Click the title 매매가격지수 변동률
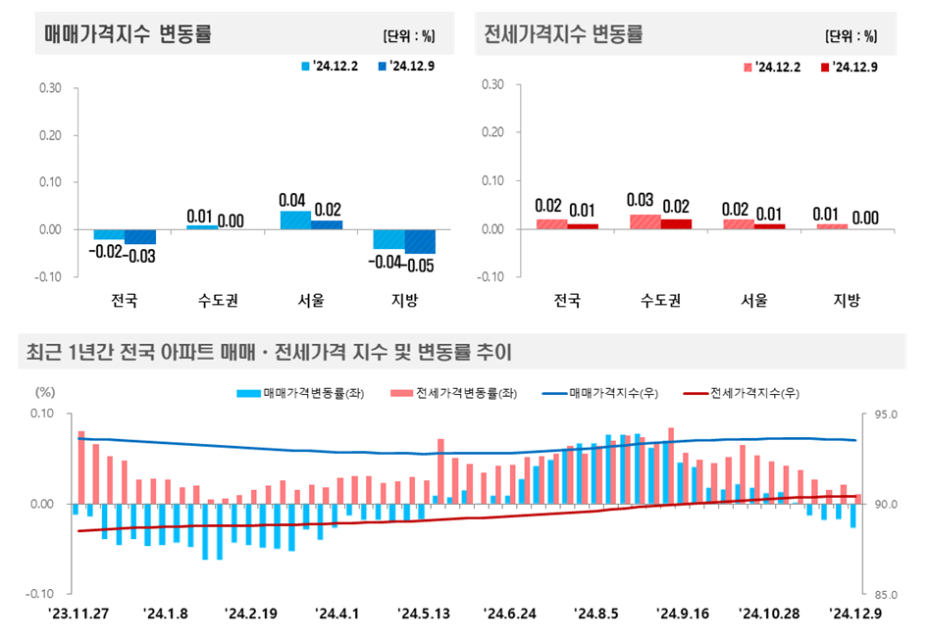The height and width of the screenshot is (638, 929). coord(129,34)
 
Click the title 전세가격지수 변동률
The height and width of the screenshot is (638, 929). coord(564,34)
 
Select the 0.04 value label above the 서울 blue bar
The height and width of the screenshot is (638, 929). coord(294,200)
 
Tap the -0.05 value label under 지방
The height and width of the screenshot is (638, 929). coord(419,264)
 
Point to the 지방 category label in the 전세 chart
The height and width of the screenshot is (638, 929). coord(846,300)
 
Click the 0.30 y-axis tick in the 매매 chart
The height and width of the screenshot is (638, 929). coord(50,88)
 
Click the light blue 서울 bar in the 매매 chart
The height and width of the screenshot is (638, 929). coord(295,221)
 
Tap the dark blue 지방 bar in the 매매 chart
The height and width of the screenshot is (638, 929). coord(420,241)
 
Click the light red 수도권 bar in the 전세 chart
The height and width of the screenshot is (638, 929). coord(645,221)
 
